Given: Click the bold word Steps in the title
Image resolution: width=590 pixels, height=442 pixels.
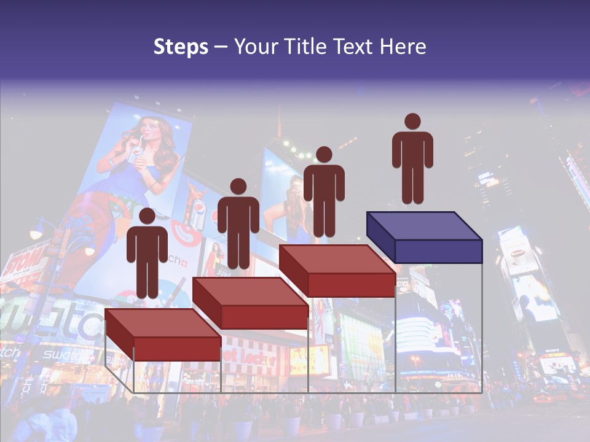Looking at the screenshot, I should click(x=181, y=47).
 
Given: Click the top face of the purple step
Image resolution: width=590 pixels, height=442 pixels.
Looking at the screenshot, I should click(x=423, y=226).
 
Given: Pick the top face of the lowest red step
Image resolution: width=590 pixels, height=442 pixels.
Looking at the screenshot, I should click(x=162, y=323).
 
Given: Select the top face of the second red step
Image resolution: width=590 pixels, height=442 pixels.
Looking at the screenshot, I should click(x=250, y=292).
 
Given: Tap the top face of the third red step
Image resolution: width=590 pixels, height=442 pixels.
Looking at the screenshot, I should click(x=337, y=259).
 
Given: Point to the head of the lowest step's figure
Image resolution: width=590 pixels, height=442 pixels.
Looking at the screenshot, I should click(x=147, y=216).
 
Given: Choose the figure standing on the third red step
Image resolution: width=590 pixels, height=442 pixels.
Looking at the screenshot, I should click(x=324, y=190).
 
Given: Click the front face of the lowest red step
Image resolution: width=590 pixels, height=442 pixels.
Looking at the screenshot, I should click(x=177, y=349).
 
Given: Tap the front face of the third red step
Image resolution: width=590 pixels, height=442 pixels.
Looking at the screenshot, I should click(x=351, y=285).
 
